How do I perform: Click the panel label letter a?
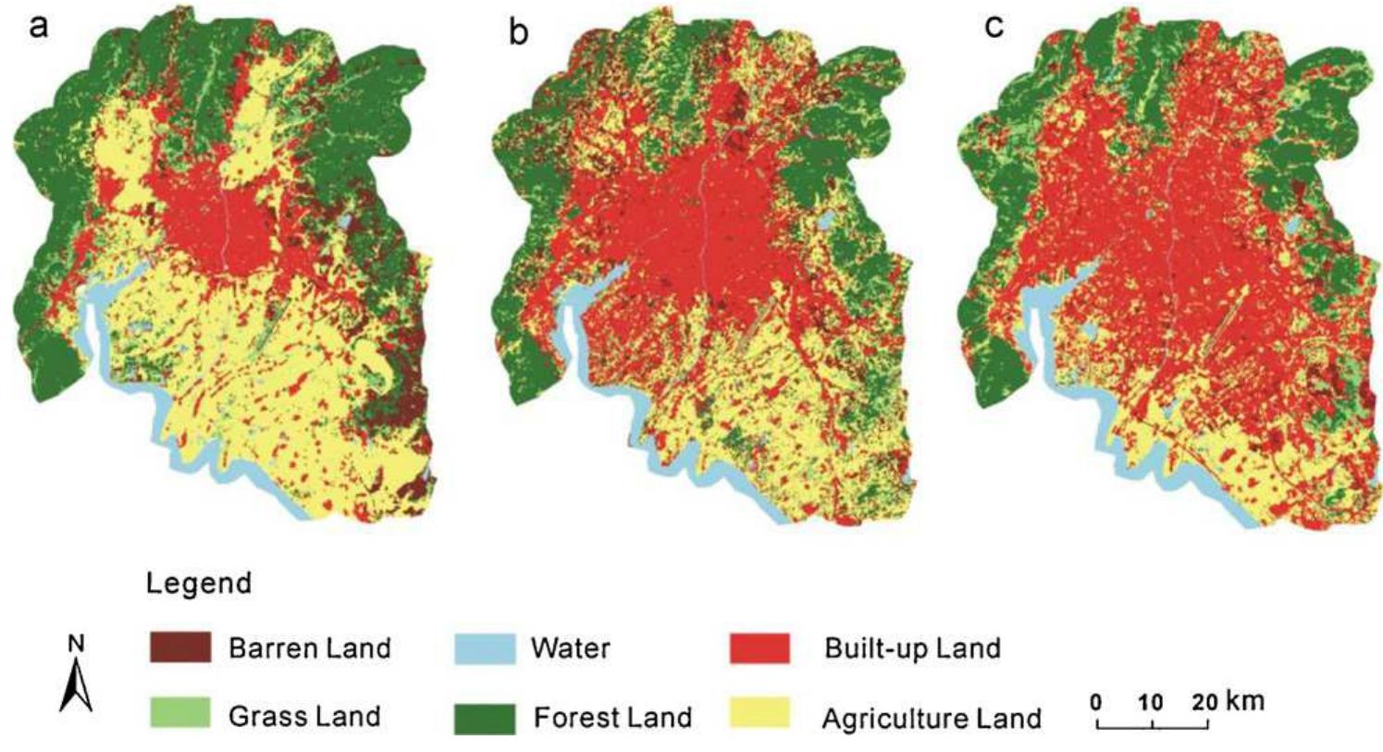tap(38, 26)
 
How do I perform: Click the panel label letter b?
tap(519, 32)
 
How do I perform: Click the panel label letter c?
tap(994, 26)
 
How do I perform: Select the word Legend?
tap(199, 584)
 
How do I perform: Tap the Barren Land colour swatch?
tap(180, 647)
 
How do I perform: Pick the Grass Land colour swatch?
tap(180, 715)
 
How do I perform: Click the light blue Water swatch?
tap(485, 648)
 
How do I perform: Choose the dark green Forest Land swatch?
tap(485, 718)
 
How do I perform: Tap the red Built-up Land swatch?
tap(759, 647)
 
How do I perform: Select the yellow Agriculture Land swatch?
tap(759, 715)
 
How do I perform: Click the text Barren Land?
tap(309, 647)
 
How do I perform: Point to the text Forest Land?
tap(612, 717)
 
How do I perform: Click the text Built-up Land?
tap(912, 647)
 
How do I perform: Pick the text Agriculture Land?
tap(932, 719)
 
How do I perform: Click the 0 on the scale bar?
tap(1096, 702)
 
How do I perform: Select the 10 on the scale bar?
tap(1151, 702)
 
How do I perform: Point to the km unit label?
tap(1245, 699)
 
